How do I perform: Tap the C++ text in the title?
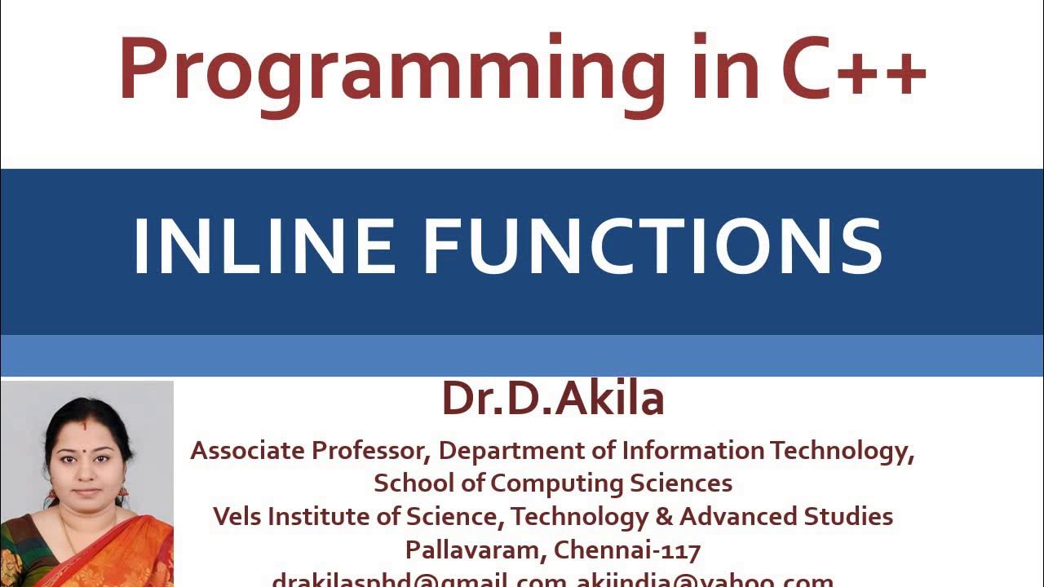853,68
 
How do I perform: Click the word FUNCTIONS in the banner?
652,245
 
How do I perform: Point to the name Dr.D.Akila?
553,399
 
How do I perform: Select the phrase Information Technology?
768,450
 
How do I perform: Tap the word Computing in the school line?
558,483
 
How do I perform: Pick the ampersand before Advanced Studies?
664,516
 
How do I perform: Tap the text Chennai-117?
627,550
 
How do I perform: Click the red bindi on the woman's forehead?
84,426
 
